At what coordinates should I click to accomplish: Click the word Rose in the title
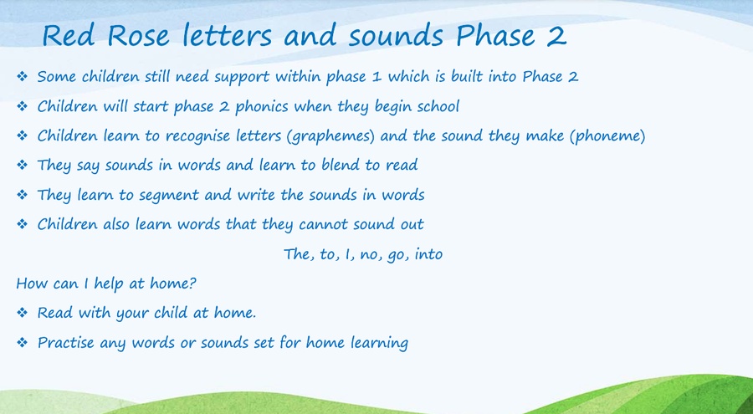tap(138, 36)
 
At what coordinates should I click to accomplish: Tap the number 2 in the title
tap(556, 36)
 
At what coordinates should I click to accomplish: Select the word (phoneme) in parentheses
tap(607, 136)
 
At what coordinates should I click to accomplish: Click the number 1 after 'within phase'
tap(377, 77)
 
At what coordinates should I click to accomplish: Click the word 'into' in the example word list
tap(428, 253)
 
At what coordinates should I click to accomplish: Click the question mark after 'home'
tap(192, 283)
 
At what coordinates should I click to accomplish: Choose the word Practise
tap(66, 342)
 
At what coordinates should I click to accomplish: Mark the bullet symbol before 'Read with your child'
tap(22, 313)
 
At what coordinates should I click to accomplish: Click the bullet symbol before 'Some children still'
tap(22, 76)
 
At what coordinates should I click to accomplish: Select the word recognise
tap(197, 136)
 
